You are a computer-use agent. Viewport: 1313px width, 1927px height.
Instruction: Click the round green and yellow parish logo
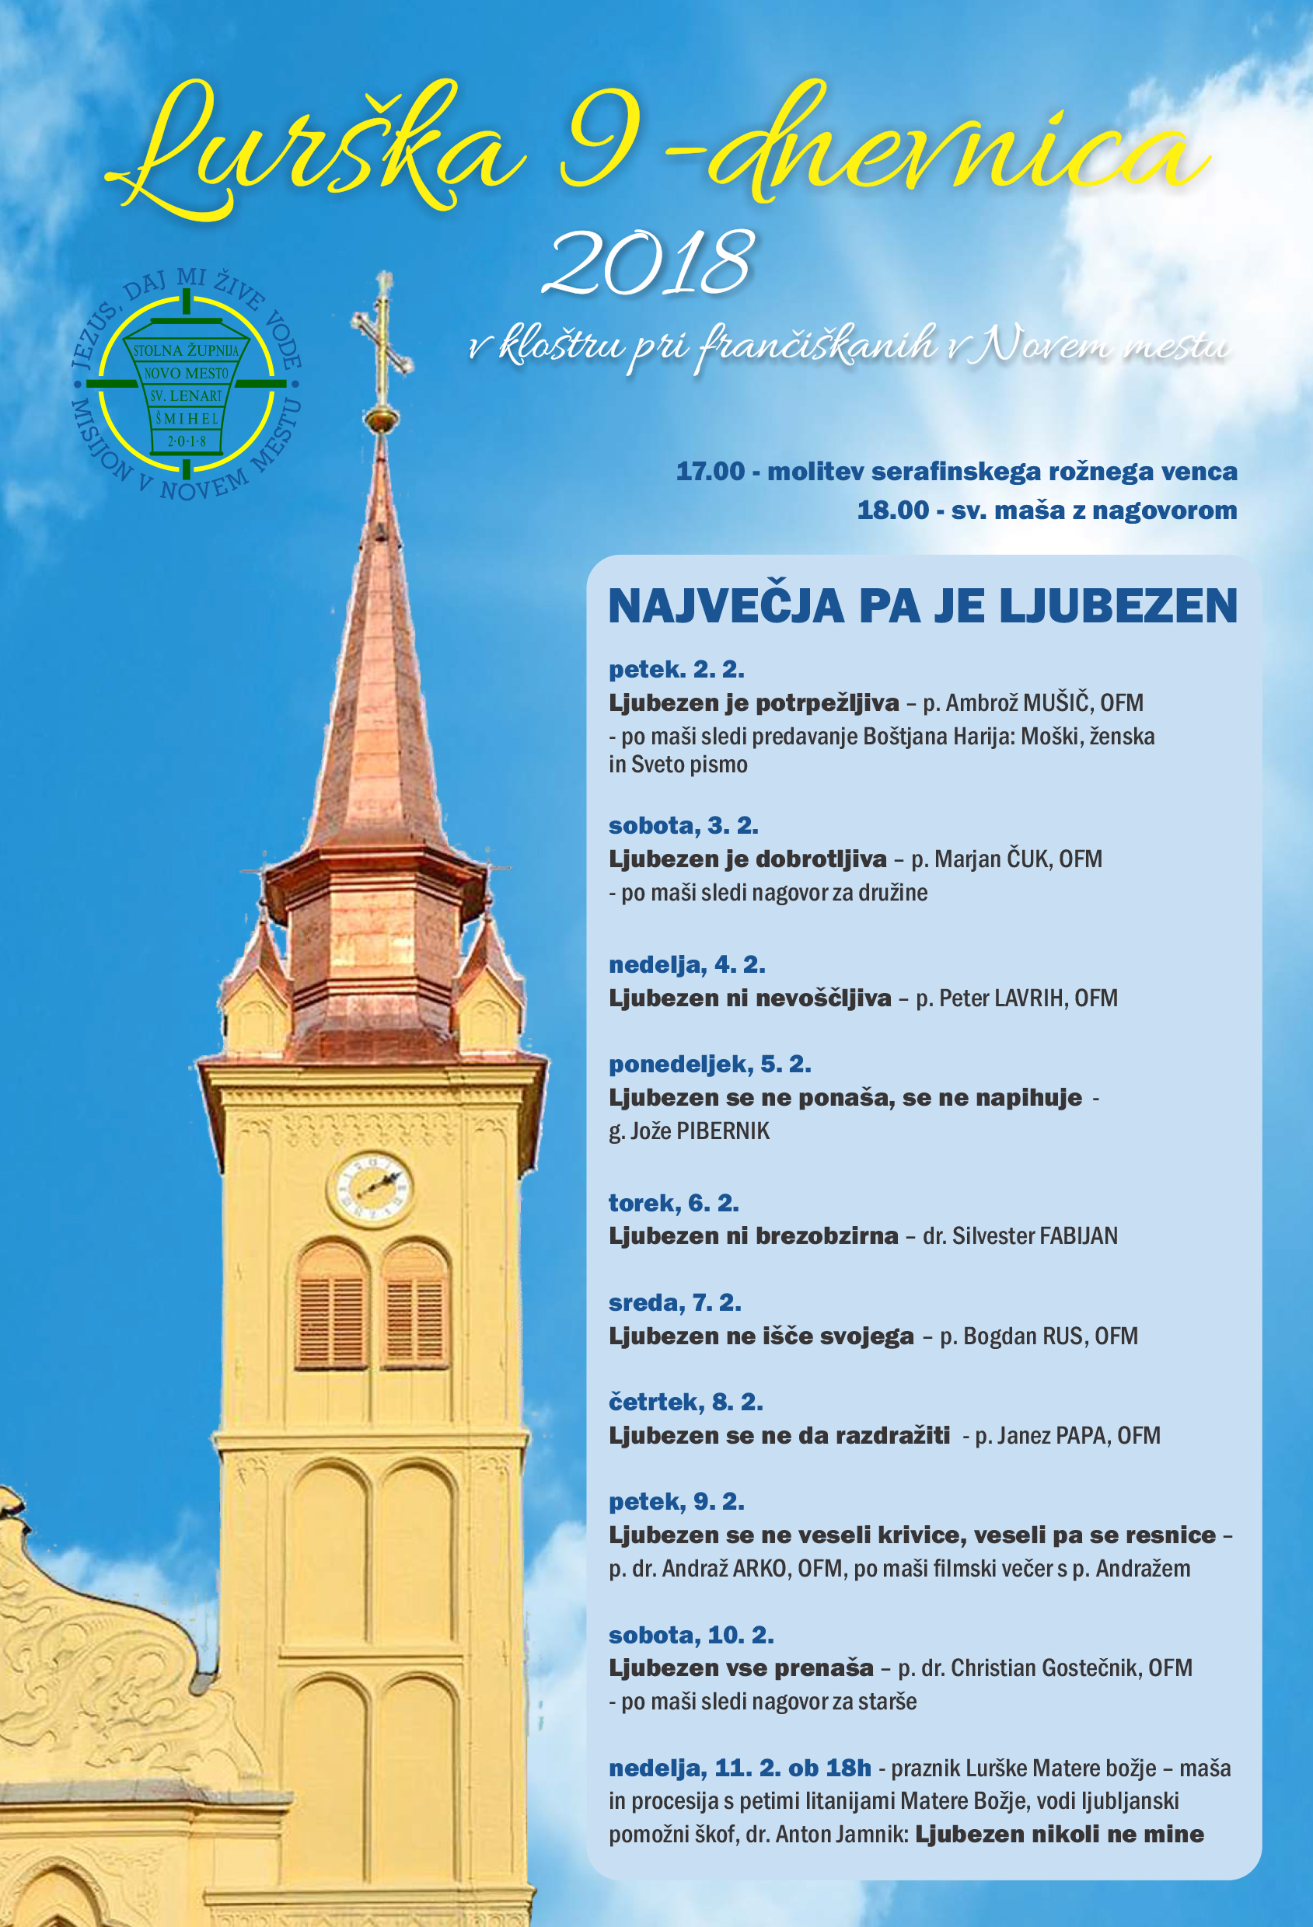tap(187, 385)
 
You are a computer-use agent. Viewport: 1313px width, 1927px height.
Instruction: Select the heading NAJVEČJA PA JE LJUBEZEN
tap(922, 606)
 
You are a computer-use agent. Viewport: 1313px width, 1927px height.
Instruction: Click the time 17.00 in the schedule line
tap(710, 472)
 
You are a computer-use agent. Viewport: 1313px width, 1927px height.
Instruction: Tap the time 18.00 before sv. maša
tap(892, 510)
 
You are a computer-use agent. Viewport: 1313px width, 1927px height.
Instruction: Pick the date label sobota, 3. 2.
tap(683, 826)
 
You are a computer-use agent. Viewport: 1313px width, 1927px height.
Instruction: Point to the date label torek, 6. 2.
tap(673, 1203)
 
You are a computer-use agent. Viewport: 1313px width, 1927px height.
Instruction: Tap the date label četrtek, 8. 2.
tap(686, 1403)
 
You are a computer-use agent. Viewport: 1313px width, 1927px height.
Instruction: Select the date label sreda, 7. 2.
tap(674, 1302)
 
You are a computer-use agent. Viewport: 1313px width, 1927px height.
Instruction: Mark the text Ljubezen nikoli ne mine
tap(1060, 1834)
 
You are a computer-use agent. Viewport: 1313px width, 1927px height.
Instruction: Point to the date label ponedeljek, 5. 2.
tap(710, 1064)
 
